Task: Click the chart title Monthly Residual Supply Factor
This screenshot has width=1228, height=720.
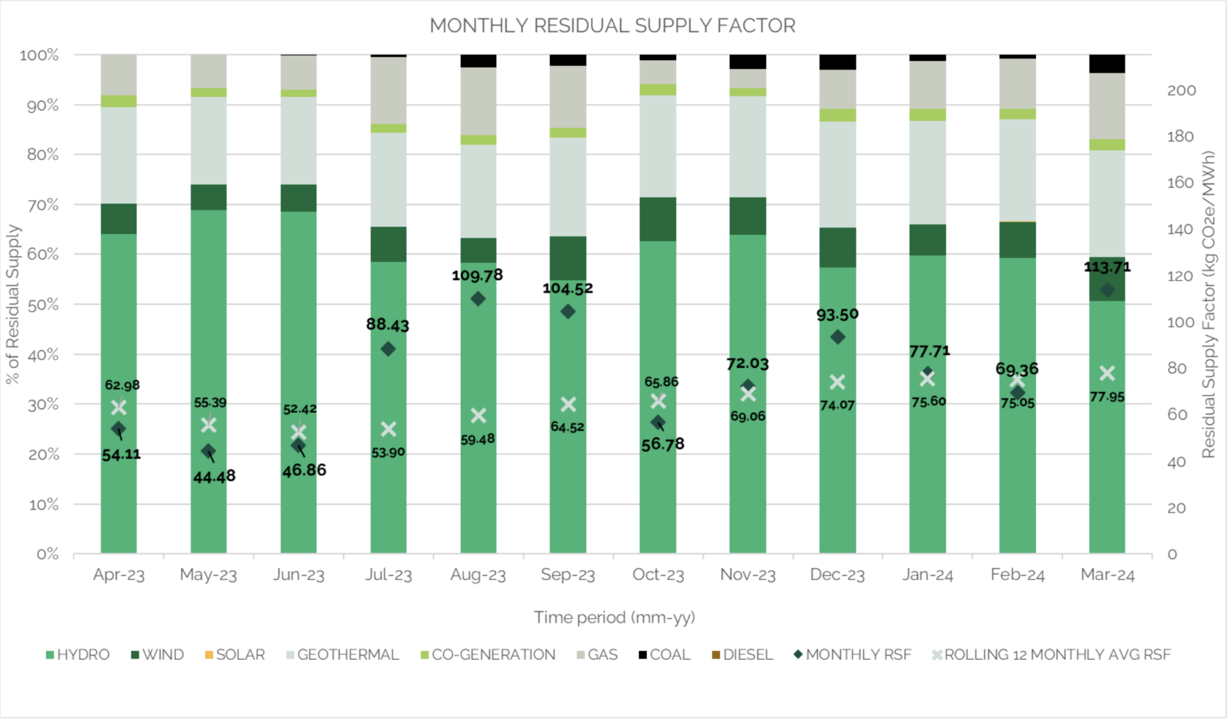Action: pyautogui.click(x=612, y=26)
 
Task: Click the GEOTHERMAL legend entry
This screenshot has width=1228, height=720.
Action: pyautogui.click(x=348, y=655)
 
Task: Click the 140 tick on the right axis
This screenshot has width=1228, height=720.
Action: pyautogui.click(x=1180, y=229)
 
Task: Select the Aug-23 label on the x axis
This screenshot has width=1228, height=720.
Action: pyautogui.click(x=478, y=575)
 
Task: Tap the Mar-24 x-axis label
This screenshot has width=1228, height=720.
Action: pyautogui.click(x=1107, y=575)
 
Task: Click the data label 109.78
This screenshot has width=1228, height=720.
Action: pyautogui.click(x=477, y=275)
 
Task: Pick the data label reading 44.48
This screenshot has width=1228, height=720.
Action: pyautogui.click(x=214, y=476)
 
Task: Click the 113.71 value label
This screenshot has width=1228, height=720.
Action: pyautogui.click(x=1107, y=267)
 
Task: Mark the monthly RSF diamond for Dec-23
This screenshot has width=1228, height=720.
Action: pyautogui.click(x=838, y=337)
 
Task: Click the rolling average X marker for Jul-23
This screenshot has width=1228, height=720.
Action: pyautogui.click(x=389, y=429)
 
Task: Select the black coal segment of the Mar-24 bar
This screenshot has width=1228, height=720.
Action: pyautogui.click(x=1107, y=64)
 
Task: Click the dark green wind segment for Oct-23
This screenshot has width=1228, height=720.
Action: pyautogui.click(x=658, y=219)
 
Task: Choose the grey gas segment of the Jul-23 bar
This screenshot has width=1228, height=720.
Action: pyautogui.click(x=389, y=90)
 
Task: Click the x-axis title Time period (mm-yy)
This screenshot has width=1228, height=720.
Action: pyautogui.click(x=614, y=617)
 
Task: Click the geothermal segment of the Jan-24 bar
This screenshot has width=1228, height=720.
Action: pyautogui.click(x=927, y=173)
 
